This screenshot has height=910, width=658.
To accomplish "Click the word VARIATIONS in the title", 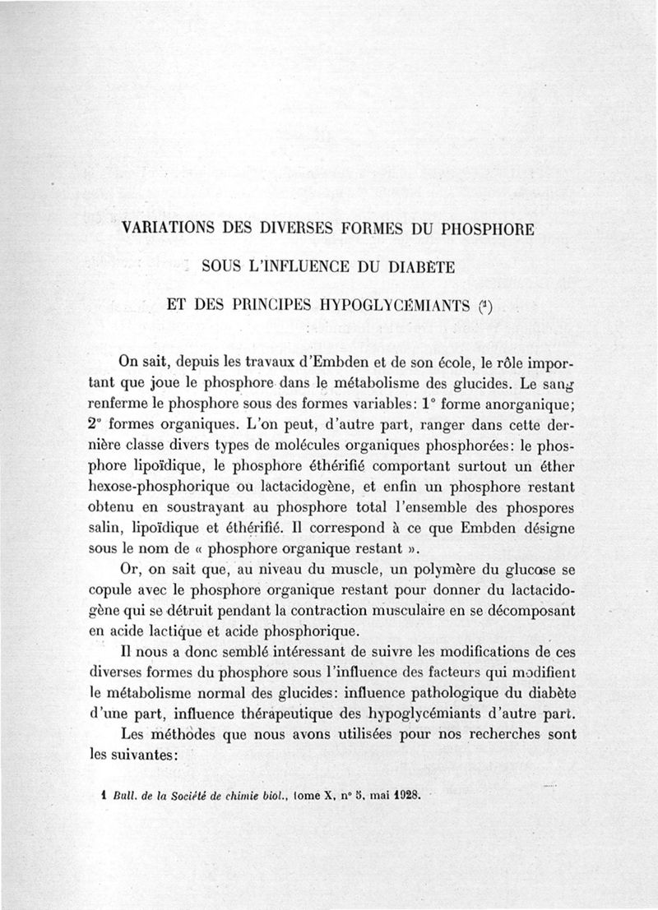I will (x=169, y=229).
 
